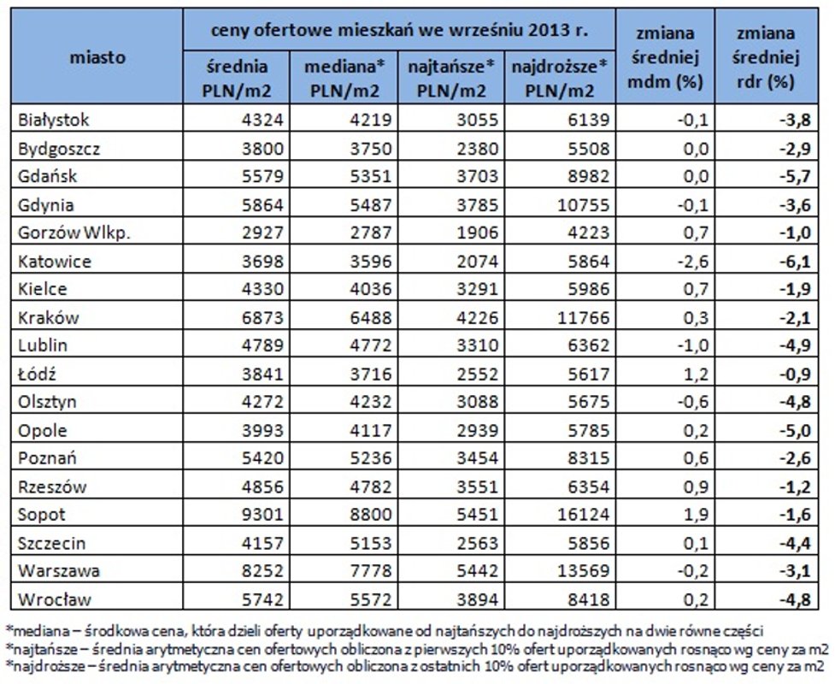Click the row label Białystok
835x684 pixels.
(53, 121)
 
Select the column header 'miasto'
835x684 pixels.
(97, 58)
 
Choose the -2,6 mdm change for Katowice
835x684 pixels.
(692, 262)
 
